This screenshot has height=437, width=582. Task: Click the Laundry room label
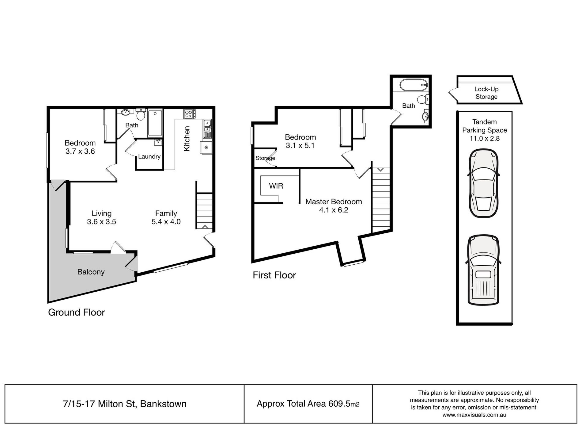pyautogui.click(x=149, y=156)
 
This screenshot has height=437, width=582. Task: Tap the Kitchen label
pyautogui.click(x=187, y=139)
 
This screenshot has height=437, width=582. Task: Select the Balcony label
pyautogui.click(x=91, y=272)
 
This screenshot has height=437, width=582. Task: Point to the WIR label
pyautogui.click(x=276, y=186)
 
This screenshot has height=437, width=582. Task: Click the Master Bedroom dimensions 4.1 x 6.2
pyautogui.click(x=334, y=210)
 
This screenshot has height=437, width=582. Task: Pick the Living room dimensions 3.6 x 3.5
pyautogui.click(x=101, y=222)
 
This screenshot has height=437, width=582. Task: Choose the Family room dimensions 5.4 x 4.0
pyautogui.click(x=166, y=222)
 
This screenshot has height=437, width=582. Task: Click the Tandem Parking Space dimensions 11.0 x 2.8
pyautogui.click(x=485, y=139)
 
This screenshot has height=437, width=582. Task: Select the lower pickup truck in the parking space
pyautogui.click(x=484, y=270)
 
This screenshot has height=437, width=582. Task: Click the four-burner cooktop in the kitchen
pyautogui.click(x=188, y=114)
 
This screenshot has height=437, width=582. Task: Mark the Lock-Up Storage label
pyautogui.click(x=486, y=93)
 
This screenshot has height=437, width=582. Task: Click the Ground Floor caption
pyautogui.click(x=77, y=312)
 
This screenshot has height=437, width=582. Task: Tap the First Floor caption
pyautogui.click(x=274, y=275)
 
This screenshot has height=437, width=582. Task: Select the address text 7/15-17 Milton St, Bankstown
pyautogui.click(x=125, y=404)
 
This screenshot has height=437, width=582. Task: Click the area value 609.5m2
pyautogui.click(x=344, y=404)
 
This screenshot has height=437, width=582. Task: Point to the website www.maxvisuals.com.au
pyautogui.click(x=474, y=415)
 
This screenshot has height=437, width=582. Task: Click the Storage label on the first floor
pyautogui.click(x=265, y=158)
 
